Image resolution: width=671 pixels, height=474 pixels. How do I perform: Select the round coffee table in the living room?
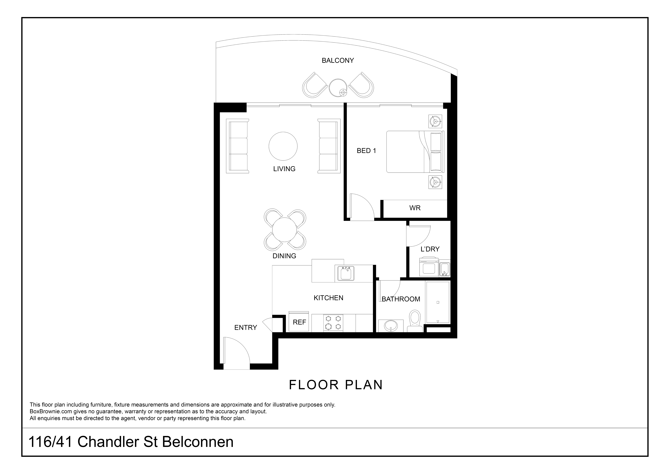pos(283,146)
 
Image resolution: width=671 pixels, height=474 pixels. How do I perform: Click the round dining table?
pos(285,229)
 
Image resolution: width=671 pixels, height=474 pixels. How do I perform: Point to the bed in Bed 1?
pos(415,152)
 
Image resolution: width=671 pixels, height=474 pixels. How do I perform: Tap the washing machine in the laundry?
pos(429,267)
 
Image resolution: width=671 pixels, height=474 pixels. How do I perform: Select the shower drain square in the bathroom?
pos(438,302)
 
